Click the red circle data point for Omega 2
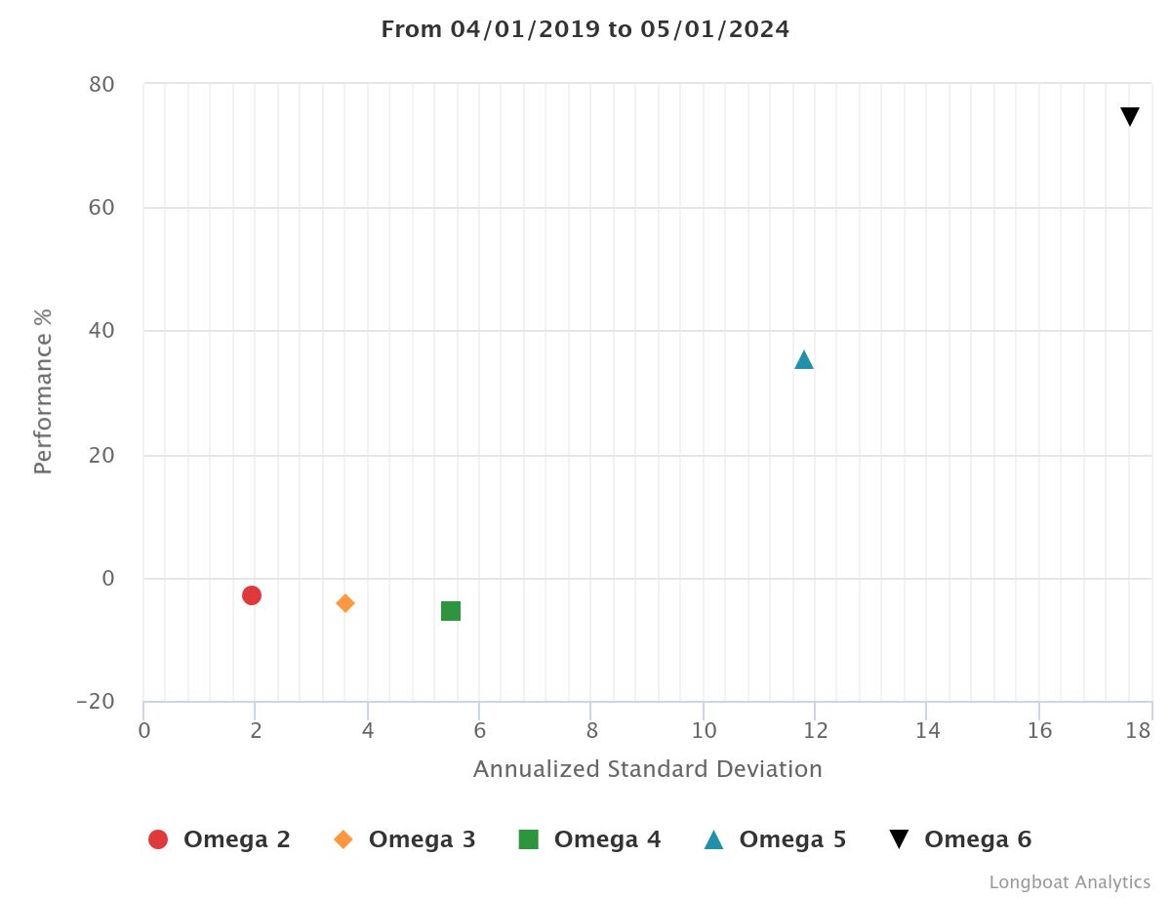[x=252, y=595]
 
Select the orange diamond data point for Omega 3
[x=345, y=603]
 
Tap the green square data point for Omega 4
[x=451, y=611]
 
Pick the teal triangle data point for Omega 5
[x=804, y=360]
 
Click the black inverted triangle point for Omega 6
[x=1130, y=117]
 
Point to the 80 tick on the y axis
[x=101, y=85]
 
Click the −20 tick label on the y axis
[x=95, y=702]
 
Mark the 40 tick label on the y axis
[x=101, y=332]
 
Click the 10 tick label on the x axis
[x=704, y=730]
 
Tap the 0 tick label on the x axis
[x=144, y=730]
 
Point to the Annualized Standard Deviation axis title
[x=648, y=769]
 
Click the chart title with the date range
[x=585, y=29]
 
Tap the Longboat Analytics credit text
[x=1070, y=882]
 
